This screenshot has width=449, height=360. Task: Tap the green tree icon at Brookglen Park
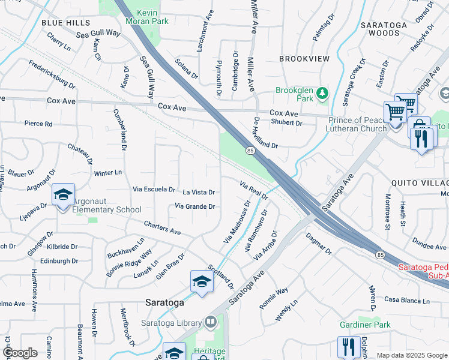(x=323, y=93)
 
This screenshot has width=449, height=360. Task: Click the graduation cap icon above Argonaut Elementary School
(x=63, y=196)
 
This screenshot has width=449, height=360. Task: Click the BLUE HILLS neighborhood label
(x=65, y=22)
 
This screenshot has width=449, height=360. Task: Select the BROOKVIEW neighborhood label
(x=304, y=59)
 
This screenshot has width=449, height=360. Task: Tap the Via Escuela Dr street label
(x=154, y=189)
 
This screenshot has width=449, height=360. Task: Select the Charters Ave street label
(x=162, y=227)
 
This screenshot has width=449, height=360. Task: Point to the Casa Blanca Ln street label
(x=408, y=300)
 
